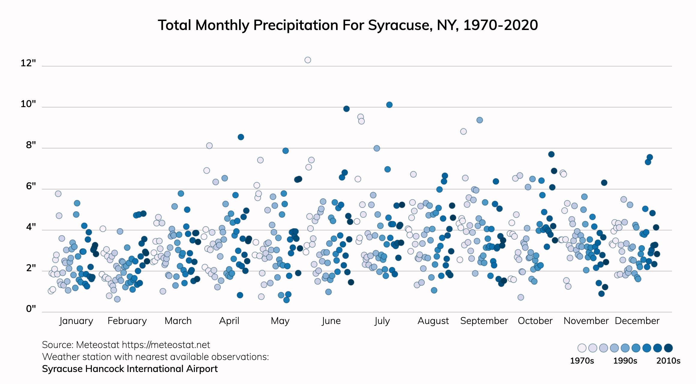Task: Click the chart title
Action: point(348,25)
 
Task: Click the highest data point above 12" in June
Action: point(308,60)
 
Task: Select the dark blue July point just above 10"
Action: point(389,105)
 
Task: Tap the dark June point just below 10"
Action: point(346,109)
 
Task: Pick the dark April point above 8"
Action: point(241,137)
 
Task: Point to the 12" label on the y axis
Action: point(28,63)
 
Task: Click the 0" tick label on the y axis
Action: point(31,309)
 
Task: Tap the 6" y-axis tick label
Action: point(31,186)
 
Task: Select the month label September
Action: point(484,321)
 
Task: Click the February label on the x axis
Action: point(127,321)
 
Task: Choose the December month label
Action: point(637,321)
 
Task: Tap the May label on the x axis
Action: point(280,321)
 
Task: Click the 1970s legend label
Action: point(582,361)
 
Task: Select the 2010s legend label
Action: point(668,361)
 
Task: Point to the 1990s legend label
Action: point(625,361)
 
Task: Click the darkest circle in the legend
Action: point(668,348)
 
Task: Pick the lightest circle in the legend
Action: point(582,348)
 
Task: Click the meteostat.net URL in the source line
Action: point(166,345)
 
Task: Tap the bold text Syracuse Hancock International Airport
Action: point(130,369)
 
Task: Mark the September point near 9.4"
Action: point(480,120)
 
